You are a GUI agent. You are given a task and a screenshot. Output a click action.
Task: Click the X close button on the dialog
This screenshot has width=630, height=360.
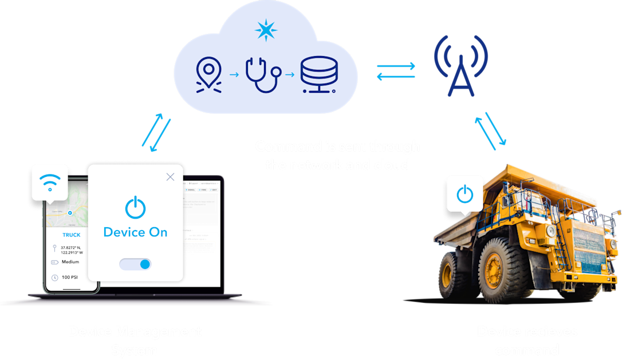pyautogui.click(x=170, y=177)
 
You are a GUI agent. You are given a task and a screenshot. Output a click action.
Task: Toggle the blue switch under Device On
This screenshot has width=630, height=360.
pyautogui.click(x=136, y=264)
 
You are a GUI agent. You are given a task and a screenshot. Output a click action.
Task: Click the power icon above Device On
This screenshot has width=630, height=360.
pyautogui.click(x=135, y=207)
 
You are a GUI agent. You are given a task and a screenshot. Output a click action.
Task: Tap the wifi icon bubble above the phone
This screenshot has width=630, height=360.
pyautogui.click(x=50, y=182)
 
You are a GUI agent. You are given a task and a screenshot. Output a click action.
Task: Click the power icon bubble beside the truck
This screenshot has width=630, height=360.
pyautogui.click(x=464, y=195)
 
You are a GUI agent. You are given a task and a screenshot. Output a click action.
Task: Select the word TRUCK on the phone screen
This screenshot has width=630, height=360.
pyautogui.click(x=71, y=235)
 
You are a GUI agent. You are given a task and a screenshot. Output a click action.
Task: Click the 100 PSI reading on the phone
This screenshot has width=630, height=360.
pyautogui.click(x=70, y=278)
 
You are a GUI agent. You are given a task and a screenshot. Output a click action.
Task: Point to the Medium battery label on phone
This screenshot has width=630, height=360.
pyautogui.click(x=70, y=262)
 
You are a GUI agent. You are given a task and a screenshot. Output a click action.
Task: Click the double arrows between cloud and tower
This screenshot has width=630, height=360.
pyautogui.click(x=396, y=72)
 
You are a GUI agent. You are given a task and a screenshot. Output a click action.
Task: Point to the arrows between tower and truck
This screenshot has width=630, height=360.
pyautogui.click(x=490, y=130)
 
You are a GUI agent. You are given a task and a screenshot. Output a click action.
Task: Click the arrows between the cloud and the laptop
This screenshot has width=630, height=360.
pyautogui.click(x=156, y=133)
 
